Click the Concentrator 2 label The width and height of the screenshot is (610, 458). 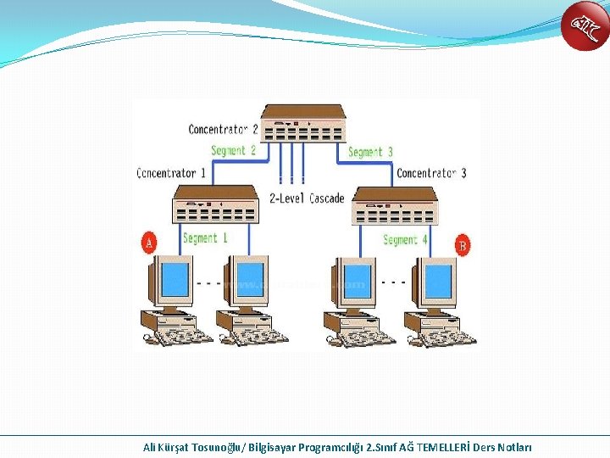223,130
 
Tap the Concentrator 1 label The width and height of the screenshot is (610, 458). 171,173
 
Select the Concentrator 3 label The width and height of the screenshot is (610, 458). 431,173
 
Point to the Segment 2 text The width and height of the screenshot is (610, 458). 233,151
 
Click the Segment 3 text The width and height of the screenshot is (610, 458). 370,152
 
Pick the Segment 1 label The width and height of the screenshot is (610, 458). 205,238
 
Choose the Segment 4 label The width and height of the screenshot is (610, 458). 405,240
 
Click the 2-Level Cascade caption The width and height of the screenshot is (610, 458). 307,198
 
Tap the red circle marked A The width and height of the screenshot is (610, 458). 149,244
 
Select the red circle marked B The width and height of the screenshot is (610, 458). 463,246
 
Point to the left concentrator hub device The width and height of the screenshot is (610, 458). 215,204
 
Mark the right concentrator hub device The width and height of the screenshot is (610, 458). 394,206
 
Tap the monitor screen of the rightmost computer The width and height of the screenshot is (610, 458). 438,281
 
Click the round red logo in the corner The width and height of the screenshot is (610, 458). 585,25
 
